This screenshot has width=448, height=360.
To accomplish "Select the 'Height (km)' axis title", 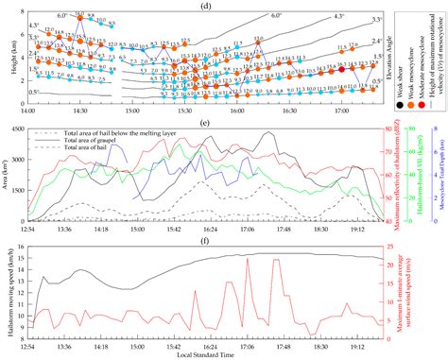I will [x=8, y=57].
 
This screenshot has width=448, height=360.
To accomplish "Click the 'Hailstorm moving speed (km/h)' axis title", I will [x=8, y=296].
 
